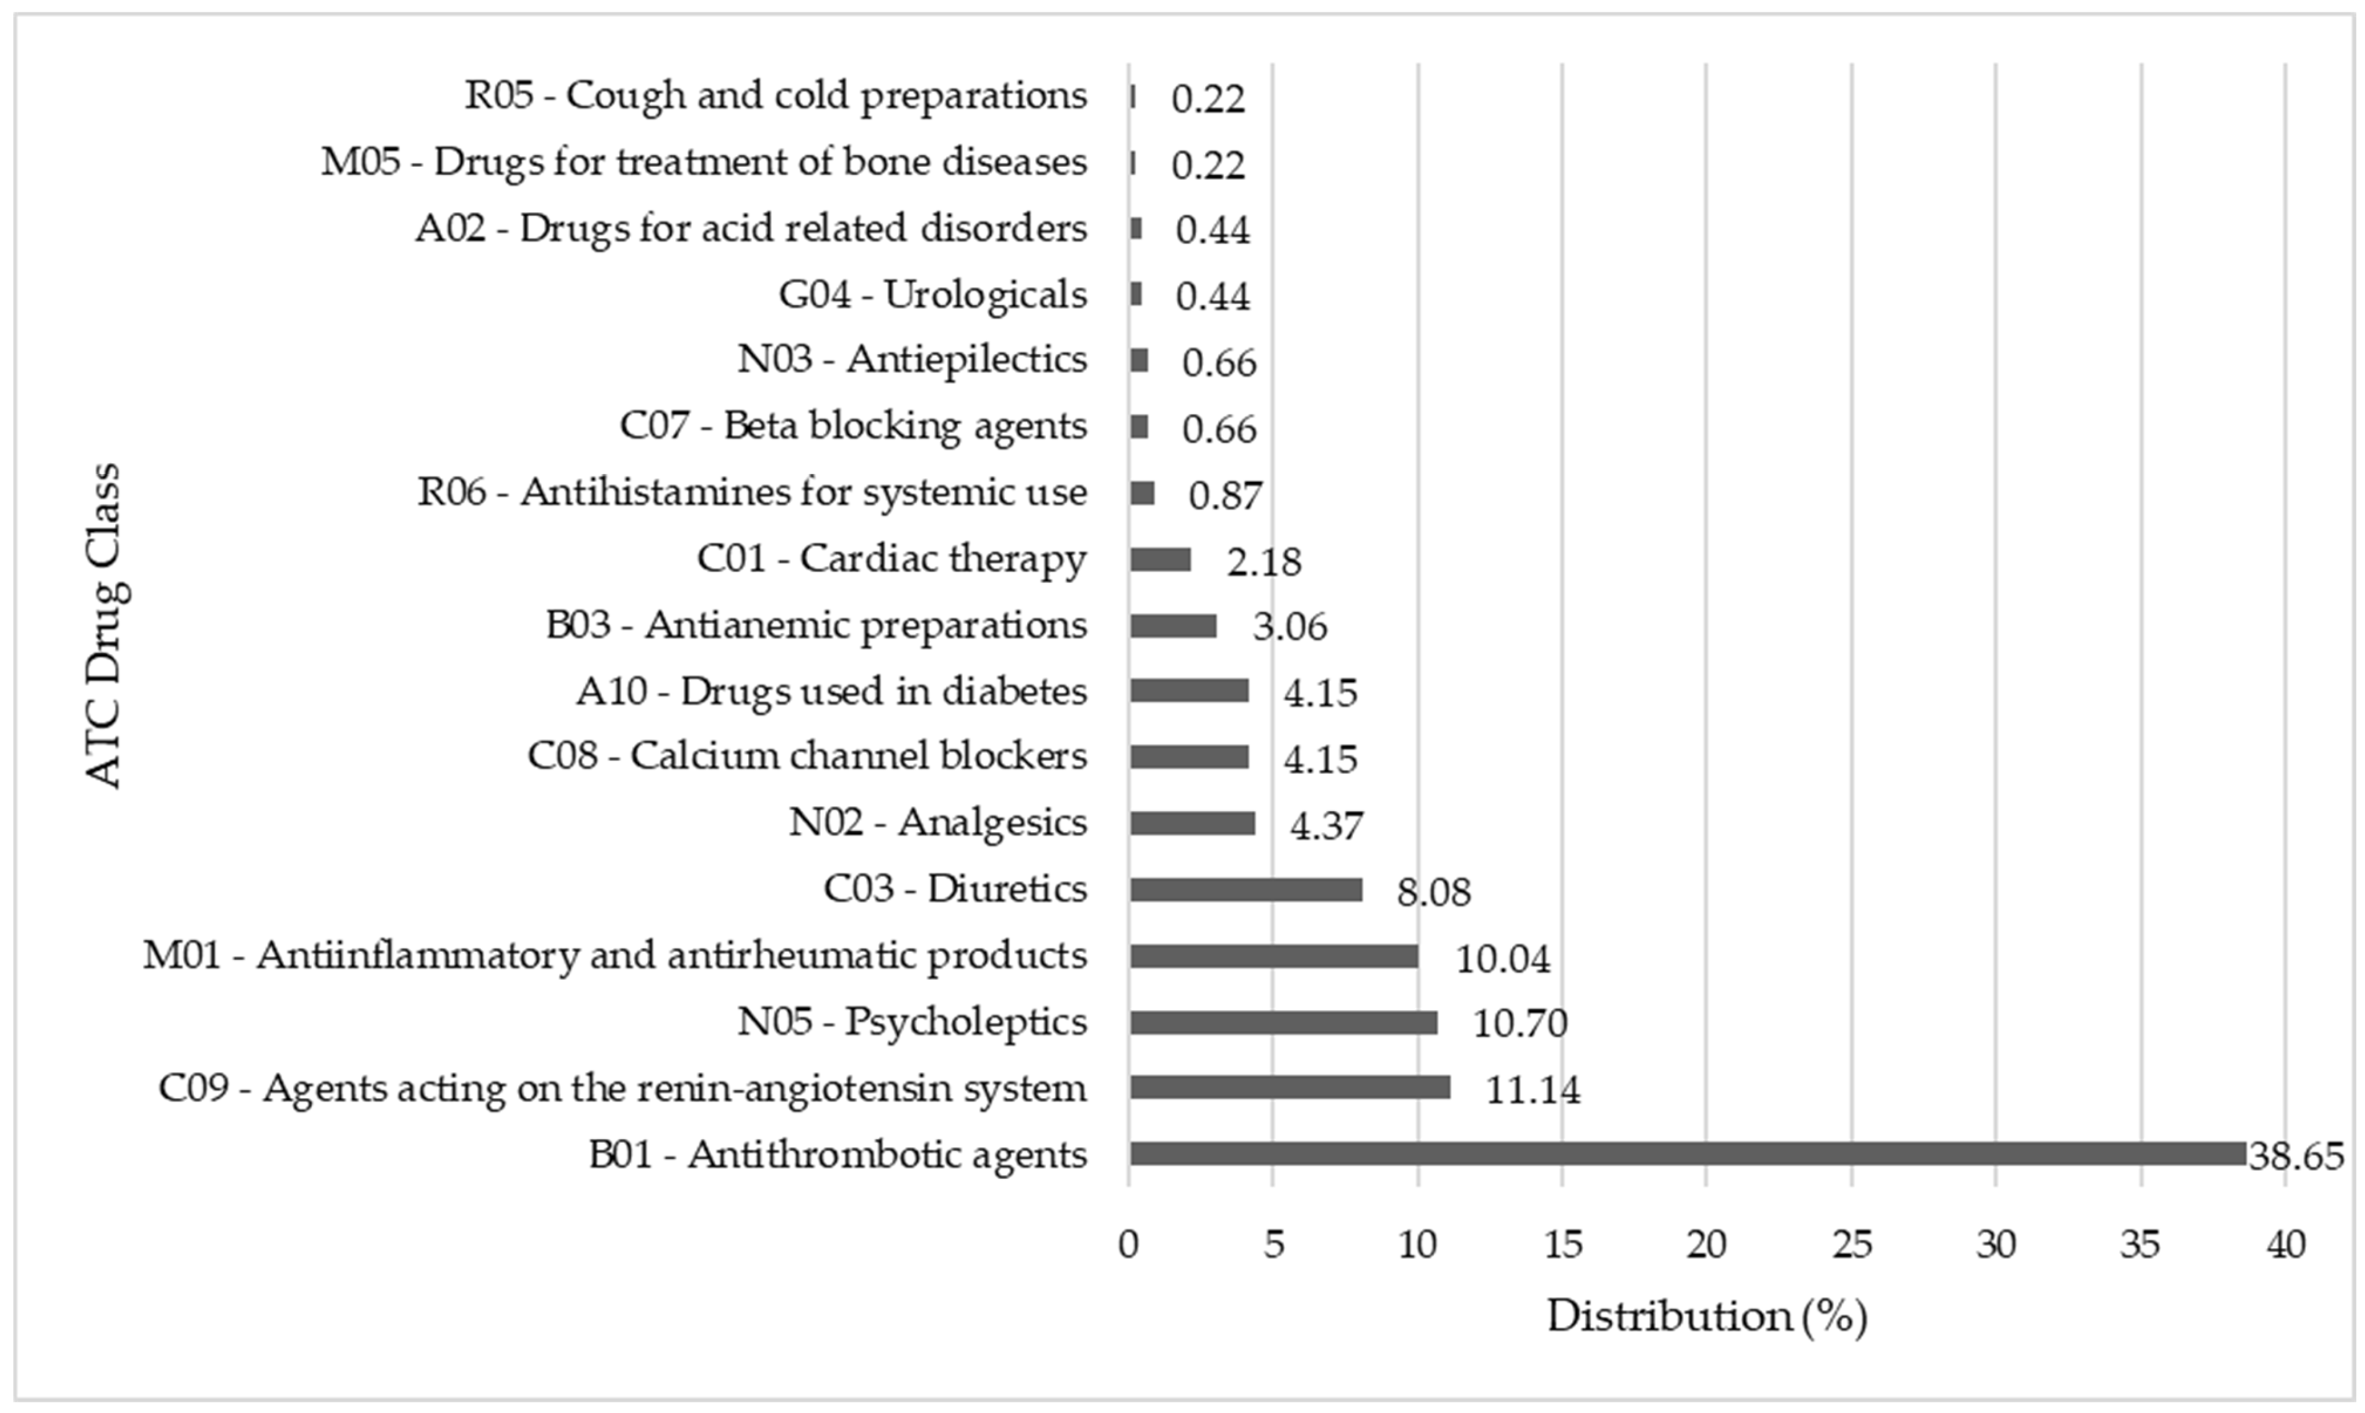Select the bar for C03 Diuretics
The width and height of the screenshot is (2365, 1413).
point(1246,890)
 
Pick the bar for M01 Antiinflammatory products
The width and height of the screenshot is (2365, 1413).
point(1274,956)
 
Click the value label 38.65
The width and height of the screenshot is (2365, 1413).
point(2295,1156)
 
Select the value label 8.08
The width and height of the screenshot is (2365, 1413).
point(1433,892)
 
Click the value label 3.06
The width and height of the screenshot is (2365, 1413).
point(1289,627)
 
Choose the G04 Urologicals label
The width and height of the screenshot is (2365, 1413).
point(932,295)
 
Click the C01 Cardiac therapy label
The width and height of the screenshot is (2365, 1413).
point(891,559)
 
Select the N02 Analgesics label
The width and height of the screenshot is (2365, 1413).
point(937,823)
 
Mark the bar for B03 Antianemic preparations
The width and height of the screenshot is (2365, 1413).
point(1172,626)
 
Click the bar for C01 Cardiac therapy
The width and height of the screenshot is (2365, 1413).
point(1160,559)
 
